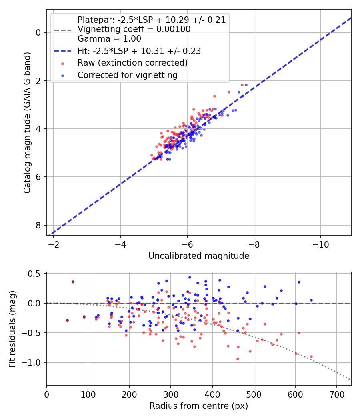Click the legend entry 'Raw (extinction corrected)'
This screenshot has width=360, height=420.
click(x=132, y=63)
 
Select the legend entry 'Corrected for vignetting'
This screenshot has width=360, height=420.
click(x=127, y=75)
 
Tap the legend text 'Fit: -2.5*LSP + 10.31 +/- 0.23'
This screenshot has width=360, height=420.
click(x=139, y=51)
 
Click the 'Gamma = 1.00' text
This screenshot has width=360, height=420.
click(x=109, y=39)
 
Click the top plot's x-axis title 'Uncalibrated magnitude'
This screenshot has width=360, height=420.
click(x=199, y=256)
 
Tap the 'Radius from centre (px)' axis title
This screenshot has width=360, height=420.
click(x=199, y=406)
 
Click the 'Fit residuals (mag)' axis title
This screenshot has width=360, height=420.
click(x=12, y=329)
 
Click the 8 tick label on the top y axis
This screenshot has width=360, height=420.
click(x=39, y=226)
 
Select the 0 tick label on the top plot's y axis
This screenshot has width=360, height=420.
click(x=39, y=32)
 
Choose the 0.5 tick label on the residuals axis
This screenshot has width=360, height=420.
click(x=36, y=274)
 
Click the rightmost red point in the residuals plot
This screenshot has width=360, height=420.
click(x=311, y=356)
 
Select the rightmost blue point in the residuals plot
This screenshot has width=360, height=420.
click(x=311, y=300)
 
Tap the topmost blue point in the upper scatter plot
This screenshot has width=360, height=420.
click(x=246, y=85)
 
